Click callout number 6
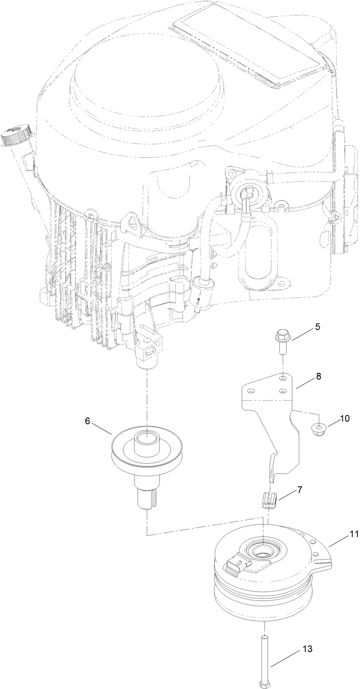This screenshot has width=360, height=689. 87,421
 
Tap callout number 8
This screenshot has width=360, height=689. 318,376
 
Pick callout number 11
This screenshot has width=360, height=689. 354,534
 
